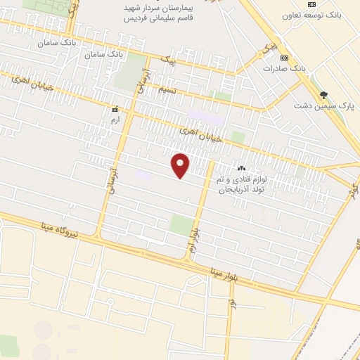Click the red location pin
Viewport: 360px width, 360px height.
(181, 165)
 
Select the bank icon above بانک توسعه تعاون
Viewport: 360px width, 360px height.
(311, 4)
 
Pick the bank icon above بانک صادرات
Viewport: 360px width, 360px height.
(283, 58)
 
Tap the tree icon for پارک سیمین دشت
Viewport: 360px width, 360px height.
(323, 94)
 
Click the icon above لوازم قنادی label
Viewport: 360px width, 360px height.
(242, 168)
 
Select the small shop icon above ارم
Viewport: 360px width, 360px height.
(115, 110)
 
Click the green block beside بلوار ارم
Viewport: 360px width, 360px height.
(181, 226)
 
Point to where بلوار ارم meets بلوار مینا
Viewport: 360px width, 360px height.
(188, 258)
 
